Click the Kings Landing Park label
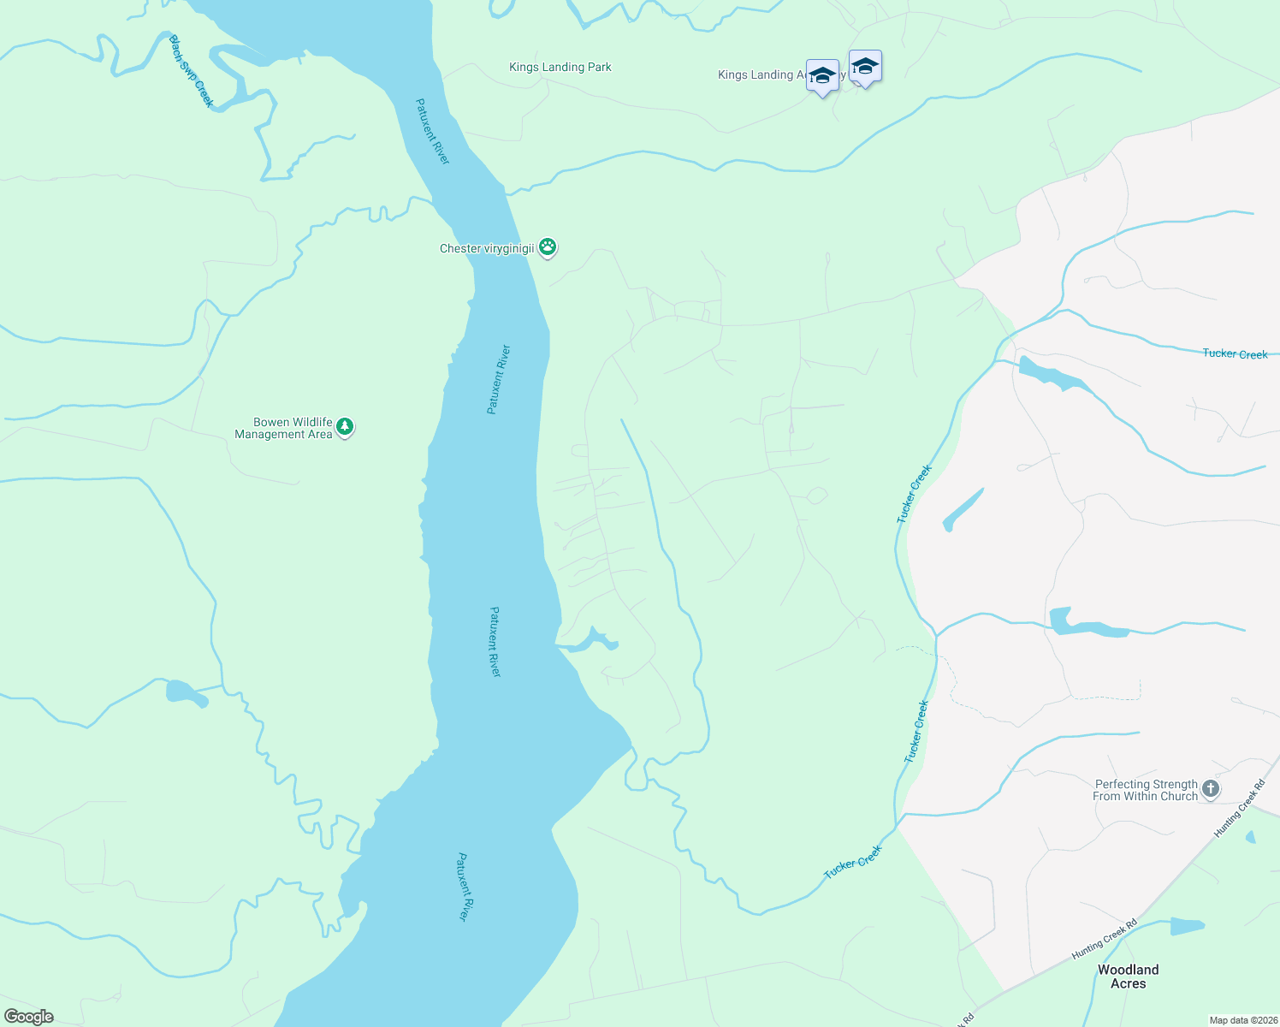(560, 67)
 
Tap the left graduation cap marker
(822, 75)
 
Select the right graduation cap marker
(865, 67)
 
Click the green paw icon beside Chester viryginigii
(548, 248)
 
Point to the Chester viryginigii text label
(486, 249)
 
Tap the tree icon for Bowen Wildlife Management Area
(345, 426)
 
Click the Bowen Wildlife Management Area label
(283, 428)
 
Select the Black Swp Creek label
(191, 71)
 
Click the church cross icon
(1210, 789)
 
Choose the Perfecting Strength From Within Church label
(1145, 790)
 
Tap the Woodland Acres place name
(1128, 977)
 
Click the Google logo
(29, 1017)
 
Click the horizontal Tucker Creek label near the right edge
(1235, 353)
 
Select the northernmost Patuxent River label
(432, 131)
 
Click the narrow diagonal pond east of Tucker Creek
(963, 510)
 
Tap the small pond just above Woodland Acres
(1187, 926)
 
